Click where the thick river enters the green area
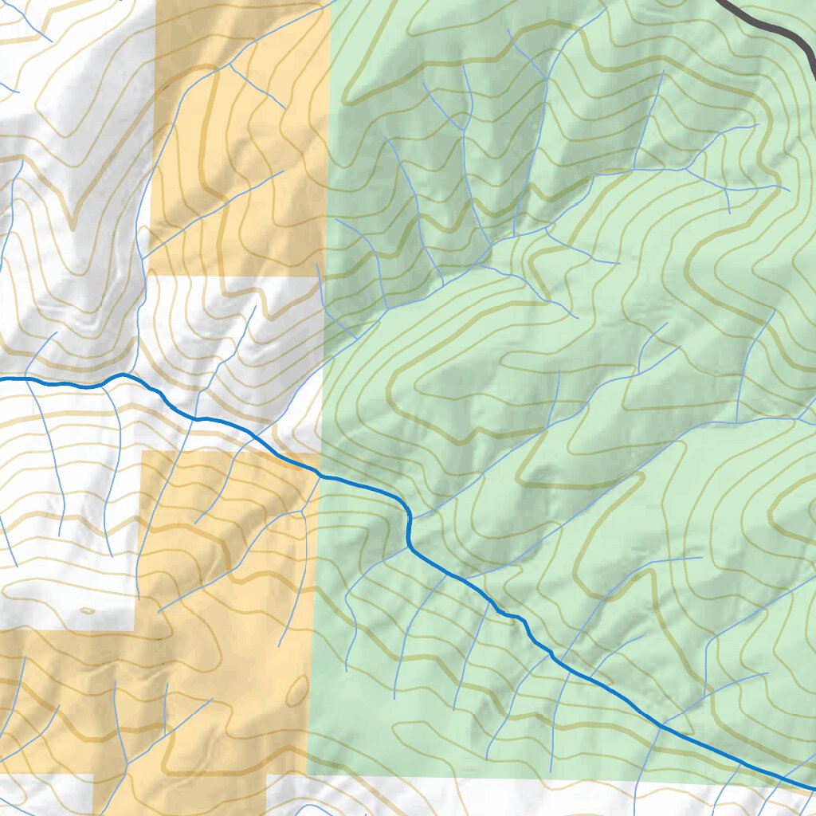tap(321, 476)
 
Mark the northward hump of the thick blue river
tap(121, 374)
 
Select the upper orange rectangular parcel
tap(239, 135)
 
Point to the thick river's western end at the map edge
tap(2, 380)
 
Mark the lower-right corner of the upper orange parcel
tap(326, 275)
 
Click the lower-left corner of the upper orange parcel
tap(149, 275)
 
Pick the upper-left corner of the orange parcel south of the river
tap(143, 452)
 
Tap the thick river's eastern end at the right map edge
tap(813, 789)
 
